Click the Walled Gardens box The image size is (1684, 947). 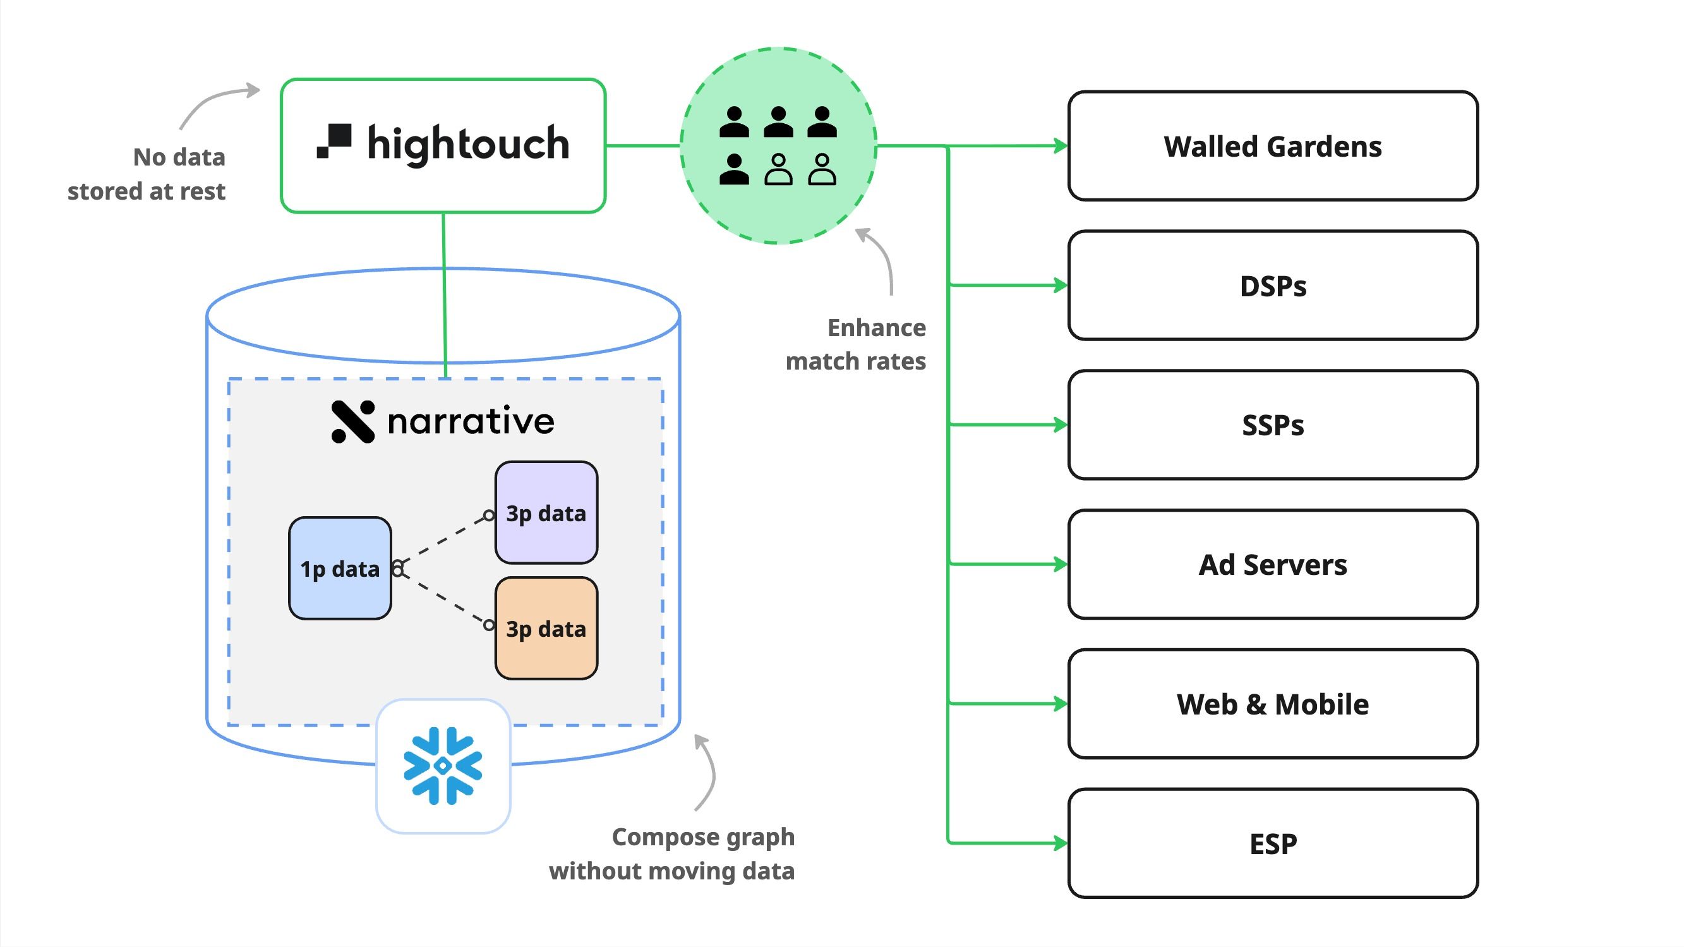pos(1272,146)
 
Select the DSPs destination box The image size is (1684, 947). pos(1272,286)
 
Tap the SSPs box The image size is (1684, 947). pos(1272,425)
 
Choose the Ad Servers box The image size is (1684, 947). pos(1272,564)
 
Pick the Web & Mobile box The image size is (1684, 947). pos(1272,704)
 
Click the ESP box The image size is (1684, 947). pos(1272,843)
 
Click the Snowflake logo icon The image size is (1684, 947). pos(443,766)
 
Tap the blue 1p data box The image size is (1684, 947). pos(339,569)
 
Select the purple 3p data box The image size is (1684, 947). pos(546,513)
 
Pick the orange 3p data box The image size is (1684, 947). pos(546,629)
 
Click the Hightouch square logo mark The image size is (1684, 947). pos(334,141)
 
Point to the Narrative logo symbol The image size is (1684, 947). pos(353,422)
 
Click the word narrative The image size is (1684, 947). pos(471,422)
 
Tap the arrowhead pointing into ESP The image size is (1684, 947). pos(1061,843)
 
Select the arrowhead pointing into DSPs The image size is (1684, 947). pos(1061,286)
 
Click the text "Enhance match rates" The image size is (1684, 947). pos(857,344)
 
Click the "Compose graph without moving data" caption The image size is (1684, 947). pos(672,854)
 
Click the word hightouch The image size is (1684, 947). pos(468,144)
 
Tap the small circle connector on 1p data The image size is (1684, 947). pos(397,569)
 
